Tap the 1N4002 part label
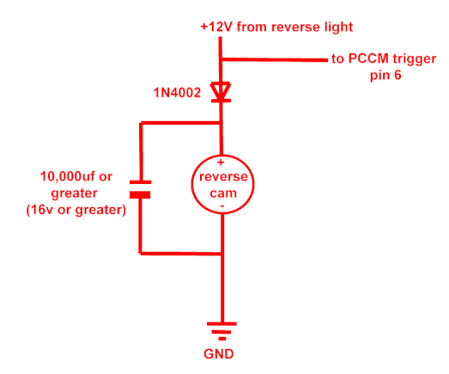[177, 93]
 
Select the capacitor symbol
[140, 190]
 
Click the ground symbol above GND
[221, 331]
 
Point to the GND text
[218, 354]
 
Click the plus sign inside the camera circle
[221, 162]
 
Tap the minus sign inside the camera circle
[222, 206]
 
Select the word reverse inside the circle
[223, 176]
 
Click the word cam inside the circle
[223, 193]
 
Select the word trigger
[415, 59]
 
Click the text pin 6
[385, 76]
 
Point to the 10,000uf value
[68, 176]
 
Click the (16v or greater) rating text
[76, 210]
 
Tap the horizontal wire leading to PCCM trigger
[275, 59]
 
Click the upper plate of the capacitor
[140, 182]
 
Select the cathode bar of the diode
[221, 101]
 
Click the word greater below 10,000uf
[75, 194]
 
